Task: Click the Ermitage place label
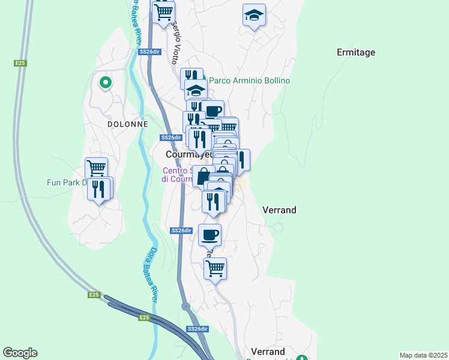coord(356,52)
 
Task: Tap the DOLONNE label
coord(127,124)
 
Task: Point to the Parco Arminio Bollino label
coord(249,80)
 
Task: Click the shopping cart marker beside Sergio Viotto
coord(164,12)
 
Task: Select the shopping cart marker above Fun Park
coord(96,167)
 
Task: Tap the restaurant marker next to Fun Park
coord(98,189)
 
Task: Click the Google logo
coord(20,353)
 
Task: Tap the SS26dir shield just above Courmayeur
coord(170,137)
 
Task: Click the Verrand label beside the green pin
coord(267,351)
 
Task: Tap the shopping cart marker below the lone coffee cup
coord(214,268)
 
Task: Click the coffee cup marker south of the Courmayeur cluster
coord(209,235)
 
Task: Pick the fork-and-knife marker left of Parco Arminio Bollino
coord(191,77)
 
